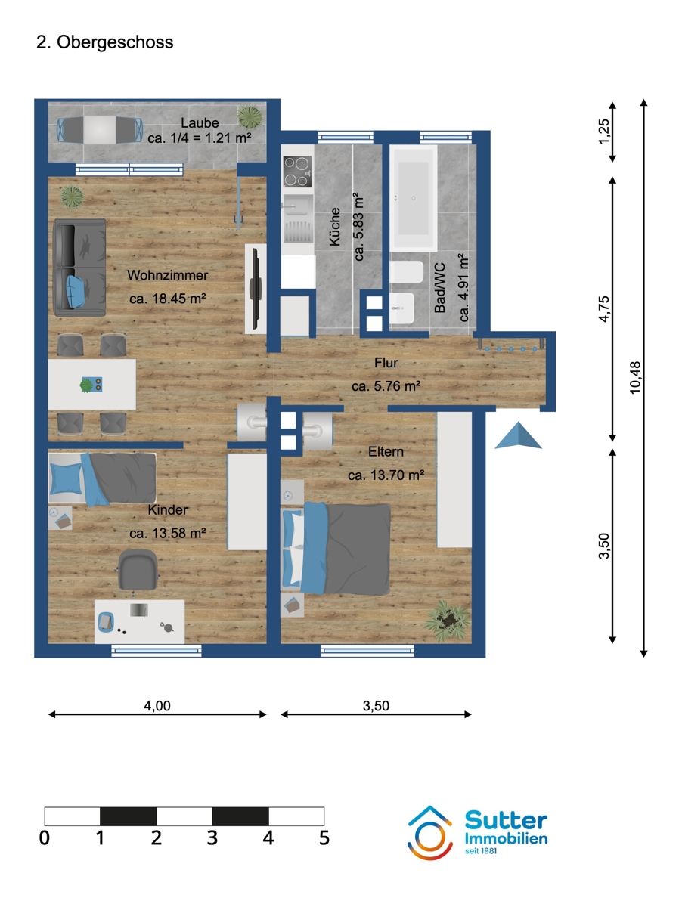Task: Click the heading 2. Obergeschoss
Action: [x=105, y=42]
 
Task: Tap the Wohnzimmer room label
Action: [x=167, y=275]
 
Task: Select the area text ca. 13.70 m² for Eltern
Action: [x=386, y=475]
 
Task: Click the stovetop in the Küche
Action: [x=296, y=172]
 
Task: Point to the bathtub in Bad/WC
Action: [x=413, y=199]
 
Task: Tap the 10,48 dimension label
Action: [x=634, y=376]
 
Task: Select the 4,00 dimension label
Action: [x=157, y=706]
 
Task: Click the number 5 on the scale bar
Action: [x=324, y=838]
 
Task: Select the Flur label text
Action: [x=386, y=364]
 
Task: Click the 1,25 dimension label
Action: [x=603, y=132]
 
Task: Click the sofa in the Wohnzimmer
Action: [x=79, y=268]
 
